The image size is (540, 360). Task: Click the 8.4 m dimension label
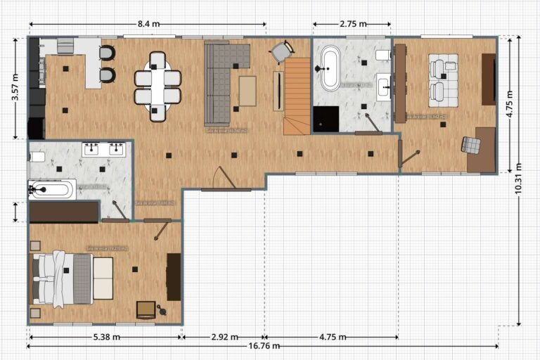[x=148, y=24]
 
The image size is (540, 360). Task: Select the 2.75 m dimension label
[x=353, y=24]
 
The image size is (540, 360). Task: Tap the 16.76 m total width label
[x=263, y=346]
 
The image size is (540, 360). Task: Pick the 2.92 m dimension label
[x=224, y=337]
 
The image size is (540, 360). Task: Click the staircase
[x=297, y=96]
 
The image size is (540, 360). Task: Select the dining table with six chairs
[x=157, y=86]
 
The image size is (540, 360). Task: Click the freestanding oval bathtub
[x=330, y=68]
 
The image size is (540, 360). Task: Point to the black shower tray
[x=325, y=119]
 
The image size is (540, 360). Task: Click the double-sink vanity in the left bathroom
[x=104, y=149]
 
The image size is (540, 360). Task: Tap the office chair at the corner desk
[x=470, y=144]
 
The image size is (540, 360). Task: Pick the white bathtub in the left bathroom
[x=51, y=189]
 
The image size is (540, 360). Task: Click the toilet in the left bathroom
[x=37, y=156]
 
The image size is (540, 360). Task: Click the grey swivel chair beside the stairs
[x=282, y=51]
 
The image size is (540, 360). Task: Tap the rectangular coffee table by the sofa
[x=247, y=91]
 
